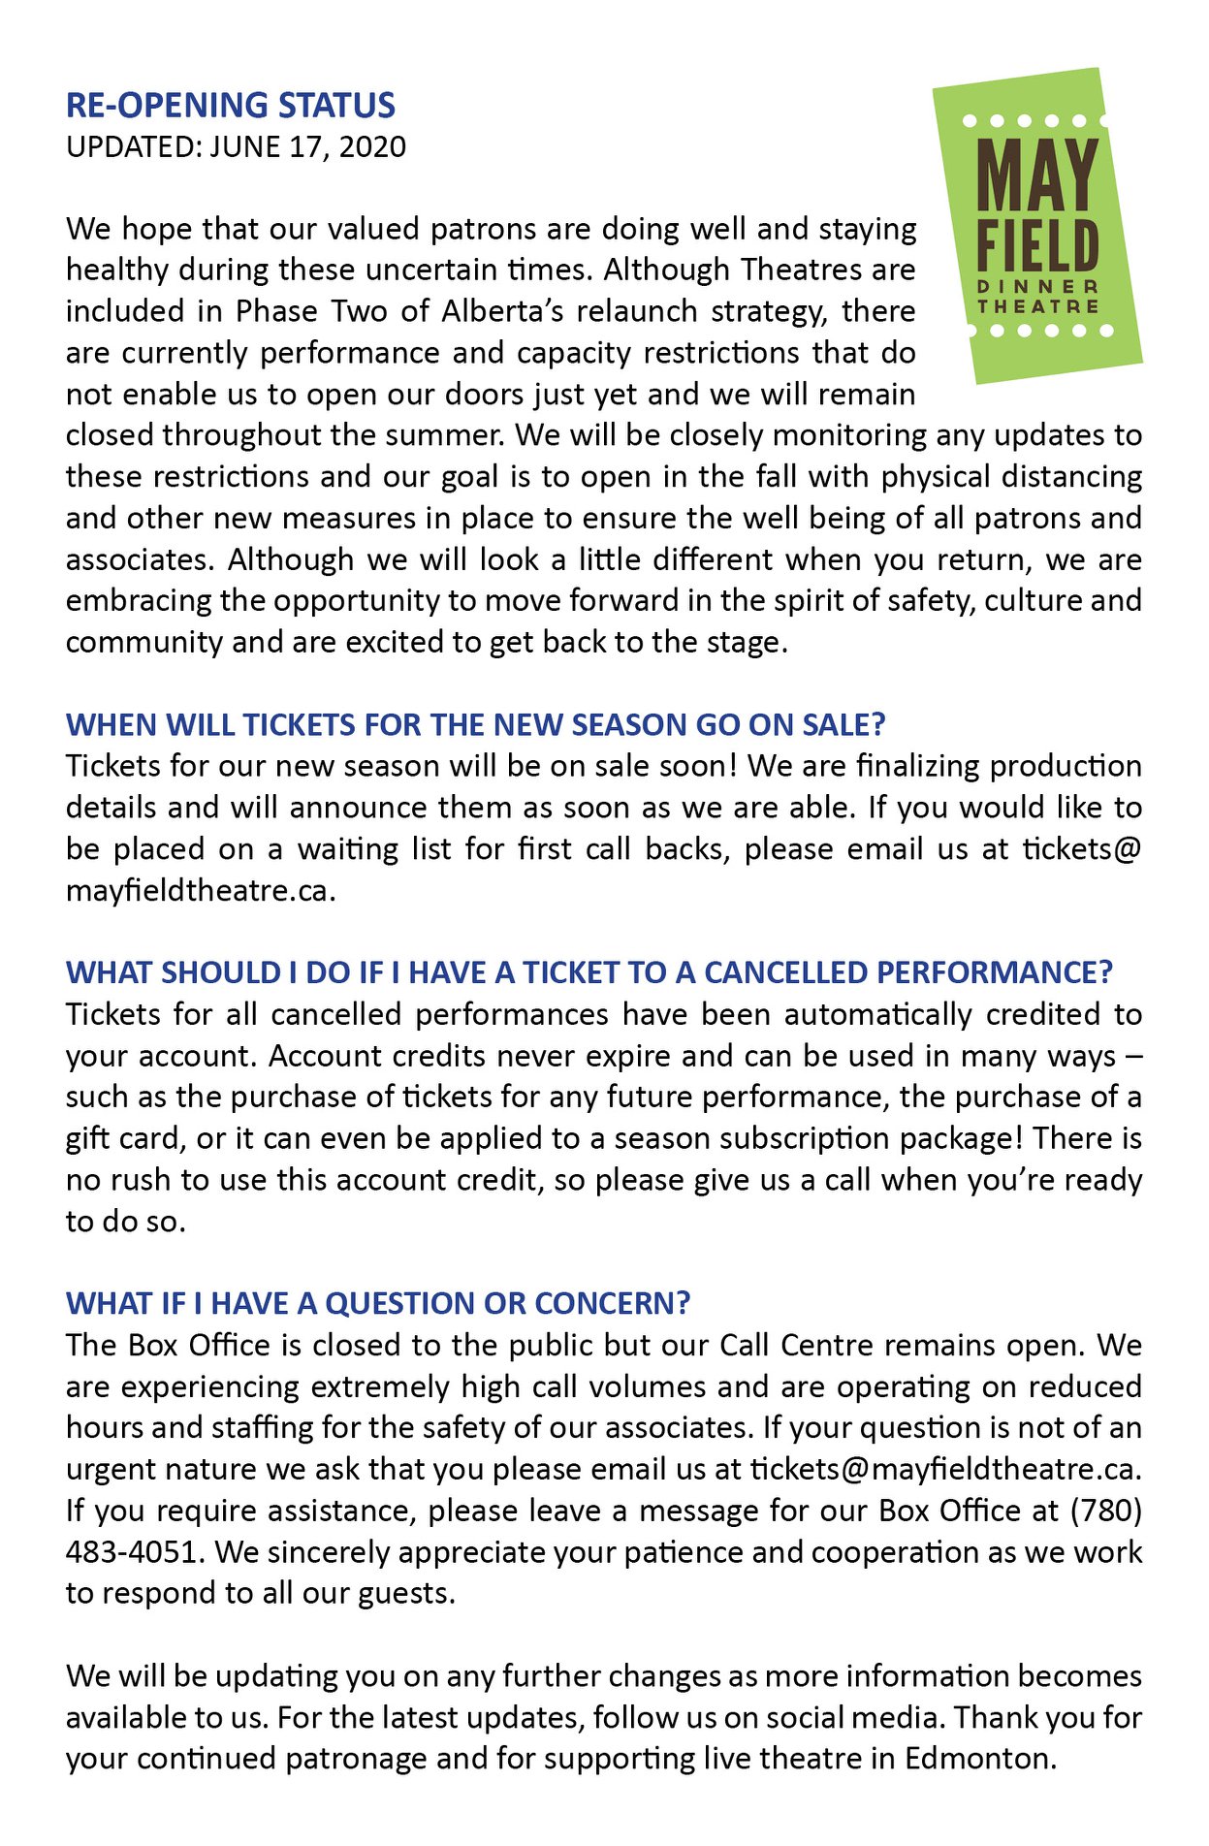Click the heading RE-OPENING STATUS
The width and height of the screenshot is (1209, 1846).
pyautogui.click(x=231, y=105)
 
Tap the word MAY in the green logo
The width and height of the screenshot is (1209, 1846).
pyautogui.click(x=1036, y=175)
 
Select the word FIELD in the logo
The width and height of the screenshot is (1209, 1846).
pyautogui.click(x=1037, y=247)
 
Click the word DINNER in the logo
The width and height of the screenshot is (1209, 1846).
pyautogui.click(x=1037, y=287)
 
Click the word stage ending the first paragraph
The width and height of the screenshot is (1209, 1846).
pyautogui.click(x=744, y=643)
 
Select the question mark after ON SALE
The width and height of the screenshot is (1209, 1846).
pyautogui.click(x=878, y=725)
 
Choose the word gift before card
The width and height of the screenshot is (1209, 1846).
pyautogui.click(x=88, y=1138)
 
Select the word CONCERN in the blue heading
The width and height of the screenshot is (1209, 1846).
pyautogui.click(x=607, y=1303)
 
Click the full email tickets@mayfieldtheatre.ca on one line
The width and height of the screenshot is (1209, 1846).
pyautogui.click(x=941, y=1470)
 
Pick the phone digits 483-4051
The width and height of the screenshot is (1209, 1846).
pyautogui.click(x=135, y=1552)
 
